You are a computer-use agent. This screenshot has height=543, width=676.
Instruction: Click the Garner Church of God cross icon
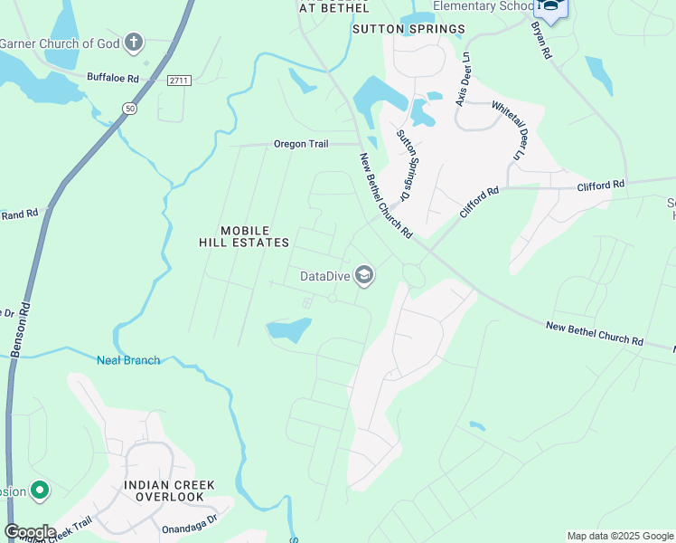[134, 43]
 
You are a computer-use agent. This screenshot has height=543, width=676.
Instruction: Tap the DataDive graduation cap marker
[364, 275]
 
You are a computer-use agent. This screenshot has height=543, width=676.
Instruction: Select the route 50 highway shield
[130, 108]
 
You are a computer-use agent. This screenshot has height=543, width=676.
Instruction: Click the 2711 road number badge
[179, 81]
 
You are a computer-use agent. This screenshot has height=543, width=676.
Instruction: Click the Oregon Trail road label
[303, 144]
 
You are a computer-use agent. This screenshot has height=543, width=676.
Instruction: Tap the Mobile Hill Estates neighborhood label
[244, 235]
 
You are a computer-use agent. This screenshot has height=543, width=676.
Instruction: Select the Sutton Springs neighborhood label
[408, 29]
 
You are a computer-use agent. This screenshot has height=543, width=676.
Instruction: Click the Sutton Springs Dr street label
[404, 165]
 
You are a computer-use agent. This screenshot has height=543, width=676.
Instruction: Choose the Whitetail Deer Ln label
[507, 130]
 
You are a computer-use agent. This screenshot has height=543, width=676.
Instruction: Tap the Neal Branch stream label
[128, 360]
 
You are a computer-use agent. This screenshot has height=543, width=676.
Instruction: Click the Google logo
[29, 532]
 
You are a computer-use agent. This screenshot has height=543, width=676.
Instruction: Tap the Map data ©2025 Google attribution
[619, 536]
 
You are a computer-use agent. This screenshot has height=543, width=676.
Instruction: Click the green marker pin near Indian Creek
[39, 491]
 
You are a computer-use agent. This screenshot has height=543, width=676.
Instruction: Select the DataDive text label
[325, 275]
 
